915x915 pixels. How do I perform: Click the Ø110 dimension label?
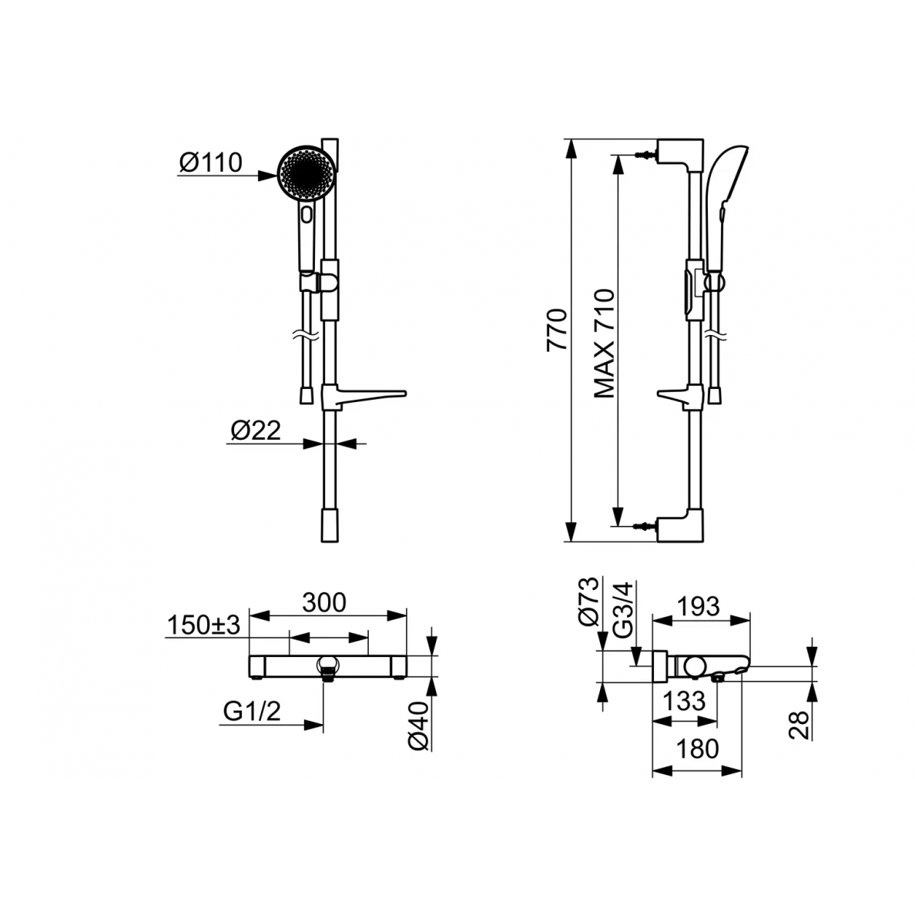pos(211,163)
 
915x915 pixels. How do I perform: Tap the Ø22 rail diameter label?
pos(256,431)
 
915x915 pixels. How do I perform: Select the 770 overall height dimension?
pos(558,330)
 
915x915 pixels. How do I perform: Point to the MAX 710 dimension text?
pos(605,344)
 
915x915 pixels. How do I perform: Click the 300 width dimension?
pos(324,602)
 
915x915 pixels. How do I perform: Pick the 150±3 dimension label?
pos(203,625)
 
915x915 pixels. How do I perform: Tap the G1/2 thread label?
pos(252,712)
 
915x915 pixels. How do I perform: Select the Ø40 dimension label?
pos(419,726)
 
